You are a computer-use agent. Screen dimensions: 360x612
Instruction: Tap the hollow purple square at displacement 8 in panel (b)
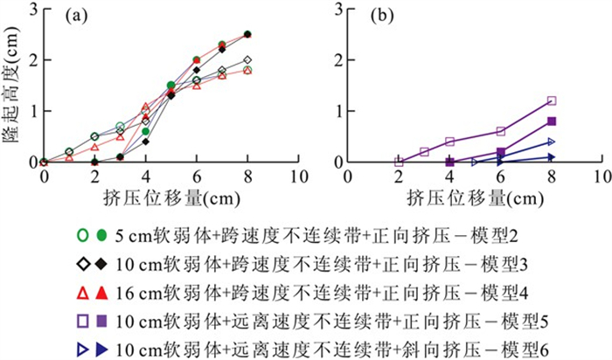[x=552, y=100]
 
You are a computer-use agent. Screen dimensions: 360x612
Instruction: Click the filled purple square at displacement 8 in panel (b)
[x=552, y=121]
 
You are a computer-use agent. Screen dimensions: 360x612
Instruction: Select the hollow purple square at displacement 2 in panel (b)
[x=400, y=162]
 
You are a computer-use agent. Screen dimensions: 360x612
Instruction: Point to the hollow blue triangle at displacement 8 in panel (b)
[x=552, y=142]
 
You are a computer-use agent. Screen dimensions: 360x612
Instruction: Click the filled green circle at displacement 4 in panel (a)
[x=146, y=131]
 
